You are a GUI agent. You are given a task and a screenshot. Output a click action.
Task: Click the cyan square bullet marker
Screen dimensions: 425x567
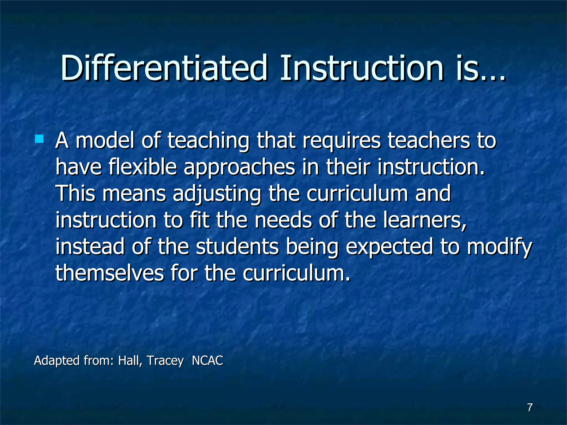tap(39, 139)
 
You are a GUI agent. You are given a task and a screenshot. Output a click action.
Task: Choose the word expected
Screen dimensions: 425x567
tap(389, 247)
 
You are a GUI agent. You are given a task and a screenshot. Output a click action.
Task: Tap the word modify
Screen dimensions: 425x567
tap(499, 247)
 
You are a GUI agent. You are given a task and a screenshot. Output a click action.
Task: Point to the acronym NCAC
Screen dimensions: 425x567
tap(207, 361)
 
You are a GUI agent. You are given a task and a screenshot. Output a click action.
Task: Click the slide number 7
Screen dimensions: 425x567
tap(530, 407)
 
